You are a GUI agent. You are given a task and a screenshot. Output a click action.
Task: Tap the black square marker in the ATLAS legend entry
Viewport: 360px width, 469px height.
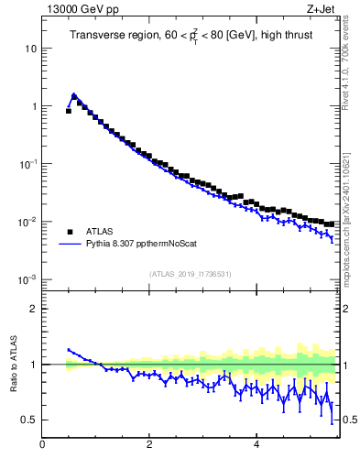click(x=69, y=232)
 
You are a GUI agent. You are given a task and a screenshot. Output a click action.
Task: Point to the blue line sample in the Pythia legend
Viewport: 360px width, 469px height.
click(x=69, y=245)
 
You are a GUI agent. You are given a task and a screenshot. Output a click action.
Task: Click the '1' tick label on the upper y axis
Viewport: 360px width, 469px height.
click(x=34, y=106)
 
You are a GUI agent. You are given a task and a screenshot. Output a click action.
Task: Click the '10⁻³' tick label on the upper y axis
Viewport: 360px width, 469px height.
click(x=29, y=279)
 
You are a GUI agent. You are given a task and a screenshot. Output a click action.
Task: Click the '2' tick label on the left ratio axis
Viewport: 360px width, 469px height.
click(x=34, y=309)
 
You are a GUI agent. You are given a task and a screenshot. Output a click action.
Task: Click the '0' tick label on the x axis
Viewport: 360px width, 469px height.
click(x=42, y=445)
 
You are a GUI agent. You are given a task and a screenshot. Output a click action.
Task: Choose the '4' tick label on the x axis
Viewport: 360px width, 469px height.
click(x=256, y=445)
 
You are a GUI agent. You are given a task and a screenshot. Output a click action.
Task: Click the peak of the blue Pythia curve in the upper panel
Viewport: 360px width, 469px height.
click(x=74, y=94)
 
